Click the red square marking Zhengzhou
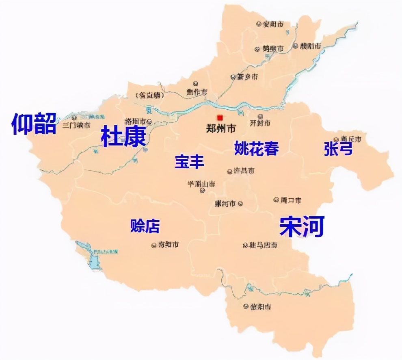point(220,117)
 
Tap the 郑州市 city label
point(221,129)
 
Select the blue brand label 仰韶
point(34,124)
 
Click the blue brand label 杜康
point(123,137)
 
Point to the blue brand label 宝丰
point(189,162)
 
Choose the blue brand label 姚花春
point(257,148)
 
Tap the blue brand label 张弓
point(338,150)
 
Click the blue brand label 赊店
point(145,226)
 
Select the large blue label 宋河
point(302,227)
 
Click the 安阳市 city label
point(273,24)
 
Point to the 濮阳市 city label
point(310,46)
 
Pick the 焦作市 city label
point(197,92)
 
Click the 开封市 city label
point(260,123)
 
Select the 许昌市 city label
point(244,171)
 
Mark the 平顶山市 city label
point(201,184)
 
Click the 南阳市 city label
point(168,245)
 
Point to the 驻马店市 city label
point(263,245)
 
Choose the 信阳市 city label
point(260,306)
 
